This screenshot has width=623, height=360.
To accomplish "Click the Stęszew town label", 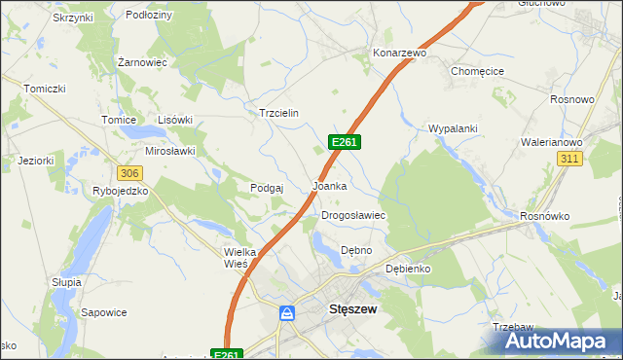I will point(348,310).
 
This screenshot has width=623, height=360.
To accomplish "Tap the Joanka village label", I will point(329,185).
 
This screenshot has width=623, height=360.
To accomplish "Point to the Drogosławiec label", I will point(354,215).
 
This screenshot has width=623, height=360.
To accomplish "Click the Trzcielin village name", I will point(277,113).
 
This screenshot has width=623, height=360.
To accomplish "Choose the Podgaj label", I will point(266,188).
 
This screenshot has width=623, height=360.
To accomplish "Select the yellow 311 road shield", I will point(569,158).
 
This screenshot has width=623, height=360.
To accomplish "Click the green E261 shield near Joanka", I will point(345,142).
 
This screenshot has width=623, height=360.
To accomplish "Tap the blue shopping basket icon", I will point(287,313).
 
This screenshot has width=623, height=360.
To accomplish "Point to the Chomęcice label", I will point(476,71).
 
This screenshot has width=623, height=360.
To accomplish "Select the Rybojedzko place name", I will point(120,191).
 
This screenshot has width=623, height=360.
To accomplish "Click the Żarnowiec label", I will point(142,61).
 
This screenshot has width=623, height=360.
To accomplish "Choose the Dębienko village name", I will point(408,268).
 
